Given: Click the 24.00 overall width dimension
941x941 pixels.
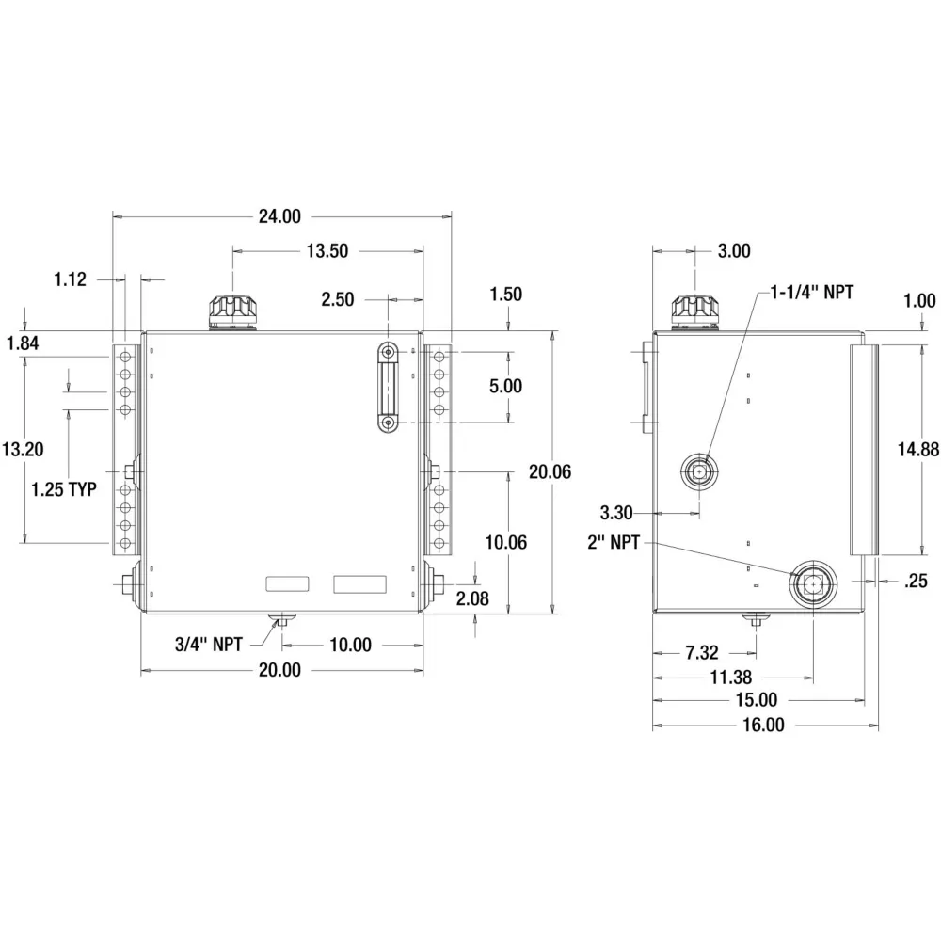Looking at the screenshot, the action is tap(279, 216).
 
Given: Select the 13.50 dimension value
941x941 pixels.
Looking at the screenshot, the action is tap(327, 251).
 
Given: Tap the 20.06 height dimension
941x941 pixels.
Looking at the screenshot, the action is tap(550, 471).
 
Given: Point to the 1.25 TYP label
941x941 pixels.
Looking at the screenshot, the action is tap(64, 489).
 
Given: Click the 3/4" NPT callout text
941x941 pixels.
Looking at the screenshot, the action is tap(209, 645).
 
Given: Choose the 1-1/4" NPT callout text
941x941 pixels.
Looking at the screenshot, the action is tap(812, 293).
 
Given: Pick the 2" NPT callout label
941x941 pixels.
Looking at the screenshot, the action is tap(614, 543).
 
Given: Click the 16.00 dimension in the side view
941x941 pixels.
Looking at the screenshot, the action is tap(763, 725).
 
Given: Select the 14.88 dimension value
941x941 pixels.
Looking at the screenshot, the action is tap(918, 449).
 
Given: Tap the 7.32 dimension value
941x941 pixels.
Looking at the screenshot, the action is tap(702, 652).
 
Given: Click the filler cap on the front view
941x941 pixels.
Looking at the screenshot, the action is tap(233, 312).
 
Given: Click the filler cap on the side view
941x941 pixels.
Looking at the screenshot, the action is tap(695, 312).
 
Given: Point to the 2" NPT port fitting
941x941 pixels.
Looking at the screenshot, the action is tap(813, 582).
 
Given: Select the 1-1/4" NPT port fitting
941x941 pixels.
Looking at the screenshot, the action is tap(699, 472).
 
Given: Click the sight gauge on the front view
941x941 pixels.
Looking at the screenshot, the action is tap(389, 387).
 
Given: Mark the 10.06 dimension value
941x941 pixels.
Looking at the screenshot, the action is tap(506, 543).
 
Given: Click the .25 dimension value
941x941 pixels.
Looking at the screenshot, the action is tap(916, 581).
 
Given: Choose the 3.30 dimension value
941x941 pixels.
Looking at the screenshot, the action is tap(616, 513).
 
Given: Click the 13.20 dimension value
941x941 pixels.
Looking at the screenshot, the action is tap(23, 449).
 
